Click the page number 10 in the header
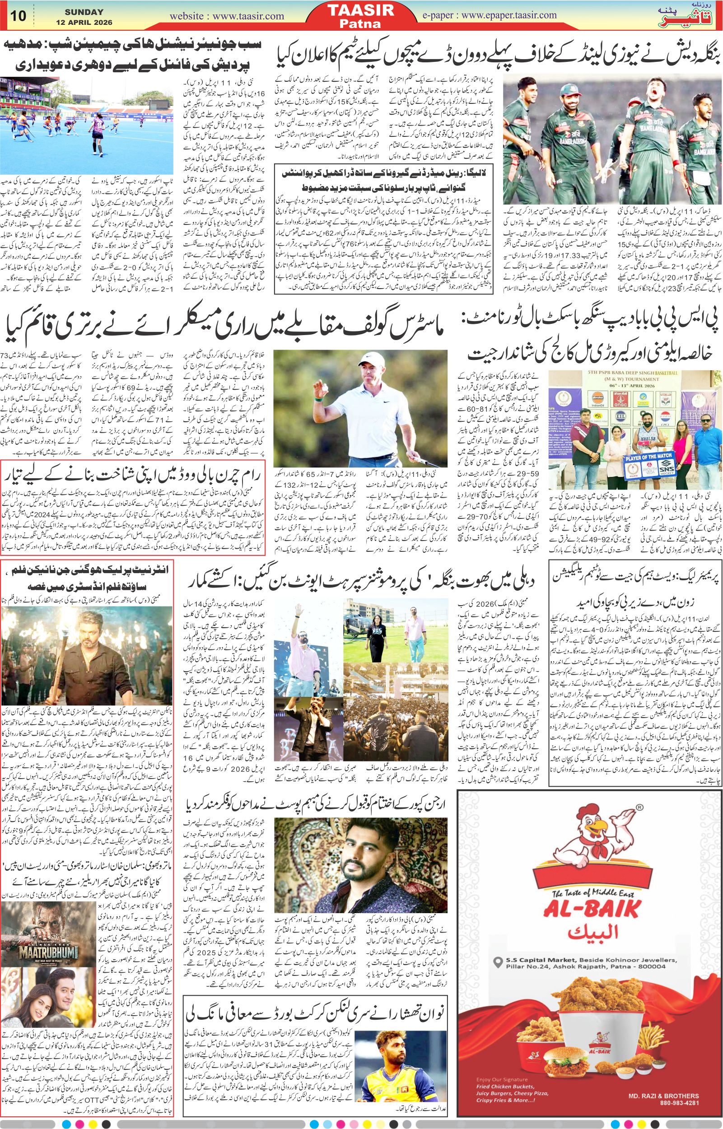pyautogui.click(x=19, y=15)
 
